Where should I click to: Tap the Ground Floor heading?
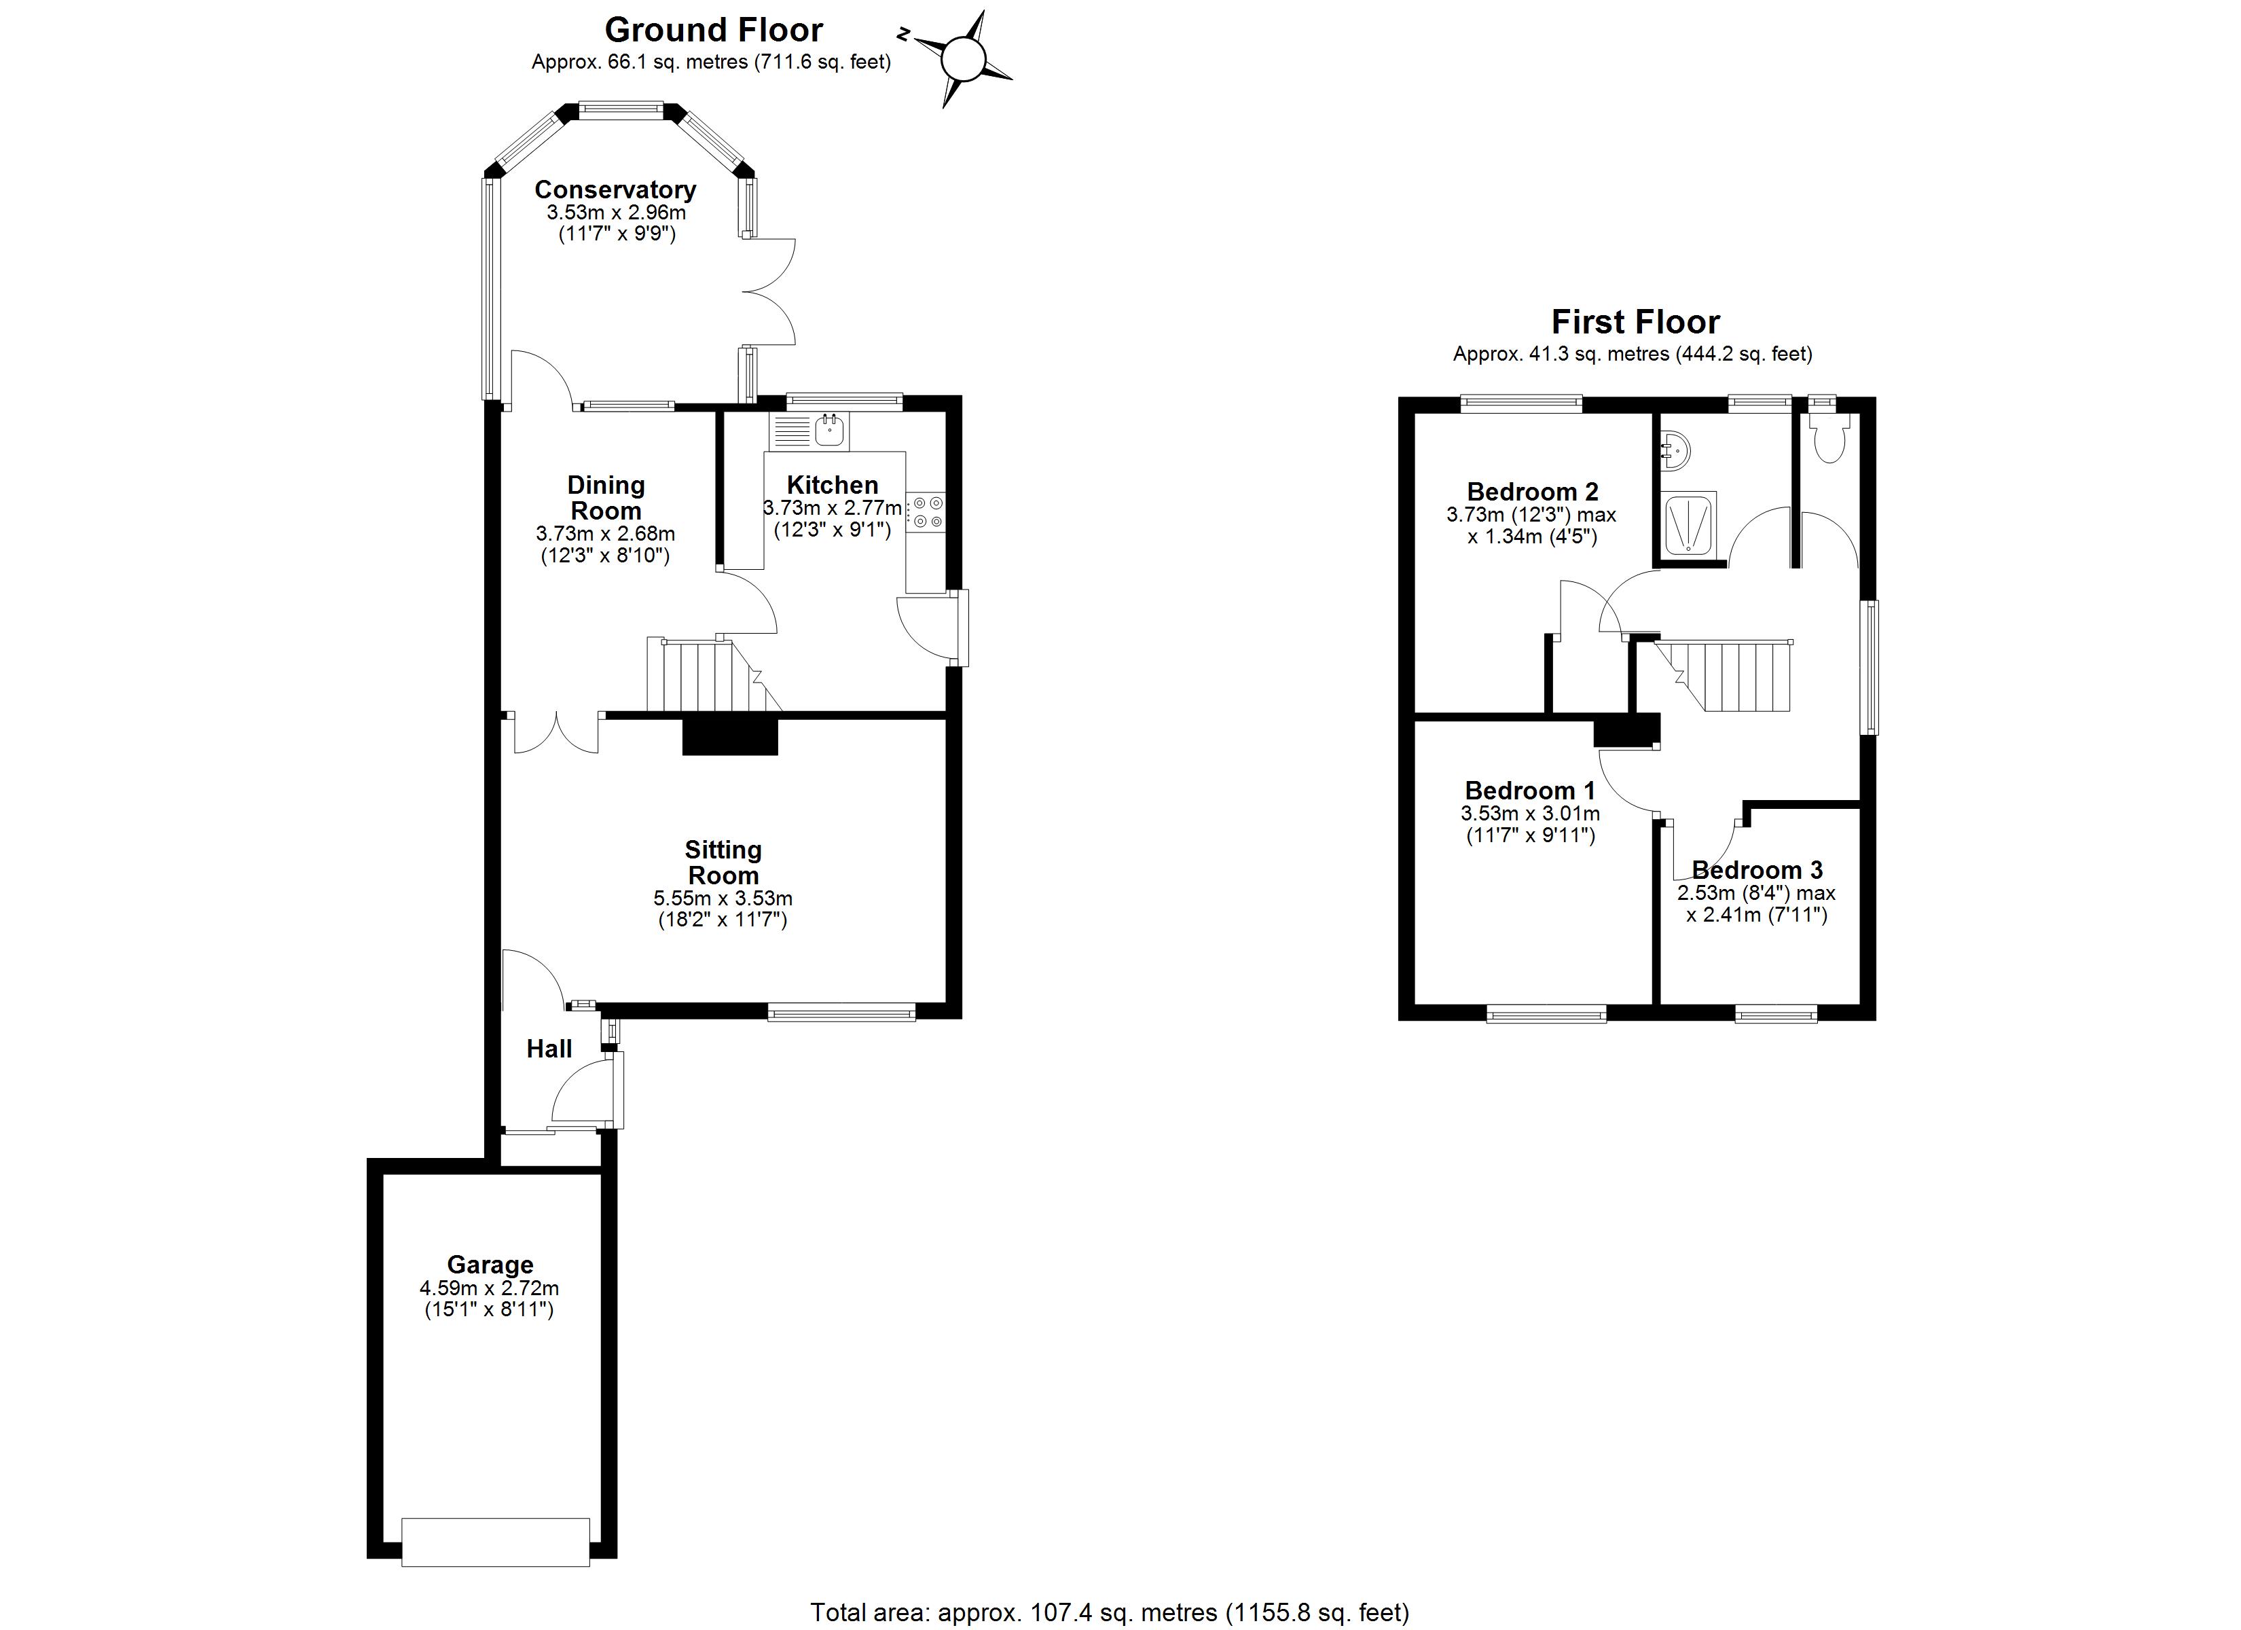[714, 31]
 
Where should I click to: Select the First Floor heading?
[1635, 322]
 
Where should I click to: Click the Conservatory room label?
[615, 189]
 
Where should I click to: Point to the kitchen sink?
[828, 430]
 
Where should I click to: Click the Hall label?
[549, 1049]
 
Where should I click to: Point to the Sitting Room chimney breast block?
[730, 736]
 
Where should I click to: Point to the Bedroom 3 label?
[1757, 870]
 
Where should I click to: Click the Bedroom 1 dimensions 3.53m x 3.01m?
[1529, 814]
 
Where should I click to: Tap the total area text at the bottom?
[1109, 1613]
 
